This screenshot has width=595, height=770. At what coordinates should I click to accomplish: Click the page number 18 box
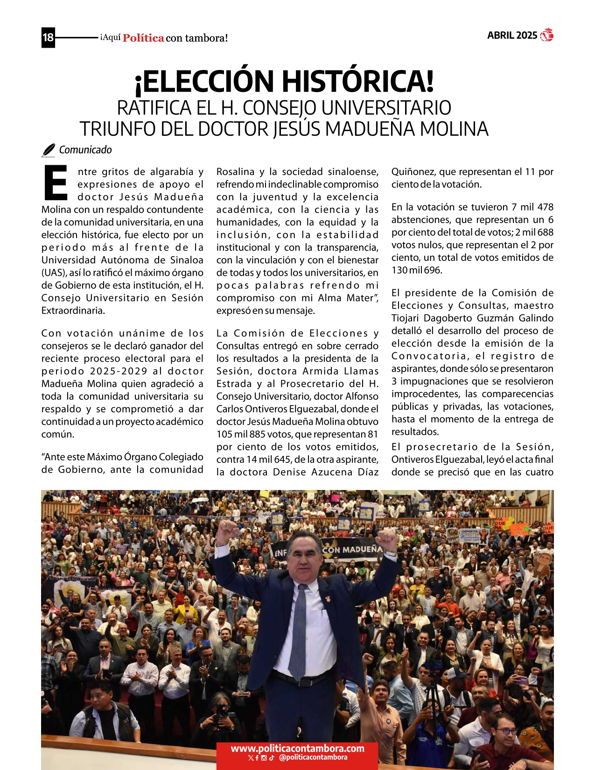click(x=48, y=37)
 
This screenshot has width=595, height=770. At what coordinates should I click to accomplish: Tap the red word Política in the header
click(x=143, y=38)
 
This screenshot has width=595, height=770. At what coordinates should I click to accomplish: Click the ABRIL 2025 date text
click(x=512, y=35)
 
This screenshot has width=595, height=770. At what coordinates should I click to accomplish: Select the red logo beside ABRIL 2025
click(x=546, y=35)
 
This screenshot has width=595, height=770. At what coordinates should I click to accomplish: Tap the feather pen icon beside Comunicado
click(x=49, y=150)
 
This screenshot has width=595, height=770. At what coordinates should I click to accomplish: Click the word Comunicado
click(x=85, y=150)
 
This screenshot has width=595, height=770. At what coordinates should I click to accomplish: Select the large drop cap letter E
click(x=56, y=182)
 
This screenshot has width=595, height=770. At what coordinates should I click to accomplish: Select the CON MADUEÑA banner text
click(x=352, y=550)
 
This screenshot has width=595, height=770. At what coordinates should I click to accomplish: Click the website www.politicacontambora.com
click(x=297, y=749)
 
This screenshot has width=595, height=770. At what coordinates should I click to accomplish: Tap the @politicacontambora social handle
click(x=313, y=757)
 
